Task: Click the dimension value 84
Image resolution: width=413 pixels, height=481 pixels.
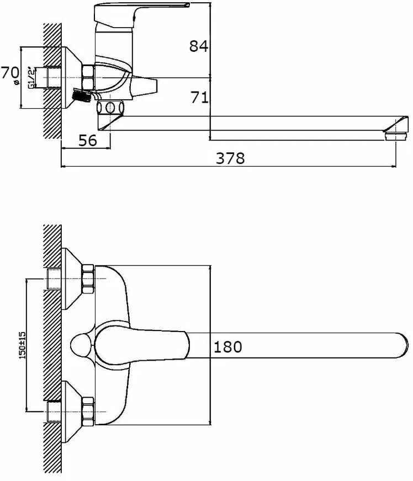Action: click(198, 46)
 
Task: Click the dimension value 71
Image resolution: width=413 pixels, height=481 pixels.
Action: click(199, 97)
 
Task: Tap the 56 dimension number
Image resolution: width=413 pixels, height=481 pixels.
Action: click(87, 141)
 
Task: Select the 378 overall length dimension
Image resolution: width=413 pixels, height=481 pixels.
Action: click(230, 158)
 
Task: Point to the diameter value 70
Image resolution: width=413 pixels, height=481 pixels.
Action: click(10, 73)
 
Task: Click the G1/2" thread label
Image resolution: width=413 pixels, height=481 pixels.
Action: click(31, 77)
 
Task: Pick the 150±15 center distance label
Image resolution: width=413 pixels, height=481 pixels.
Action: click(23, 345)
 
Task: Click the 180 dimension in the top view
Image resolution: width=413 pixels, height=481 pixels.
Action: click(227, 347)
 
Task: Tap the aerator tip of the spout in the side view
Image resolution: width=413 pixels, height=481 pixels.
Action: click(396, 136)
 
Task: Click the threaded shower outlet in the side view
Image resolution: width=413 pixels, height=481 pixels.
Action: click(81, 95)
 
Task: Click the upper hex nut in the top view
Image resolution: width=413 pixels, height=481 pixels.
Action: click(88, 279)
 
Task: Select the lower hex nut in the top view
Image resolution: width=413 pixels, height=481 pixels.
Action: click(88, 411)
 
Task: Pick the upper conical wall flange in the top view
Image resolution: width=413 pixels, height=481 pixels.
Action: click(72, 279)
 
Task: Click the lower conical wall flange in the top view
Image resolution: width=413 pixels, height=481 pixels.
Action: click(72, 411)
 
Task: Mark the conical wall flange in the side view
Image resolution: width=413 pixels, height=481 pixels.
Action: click(72, 78)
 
